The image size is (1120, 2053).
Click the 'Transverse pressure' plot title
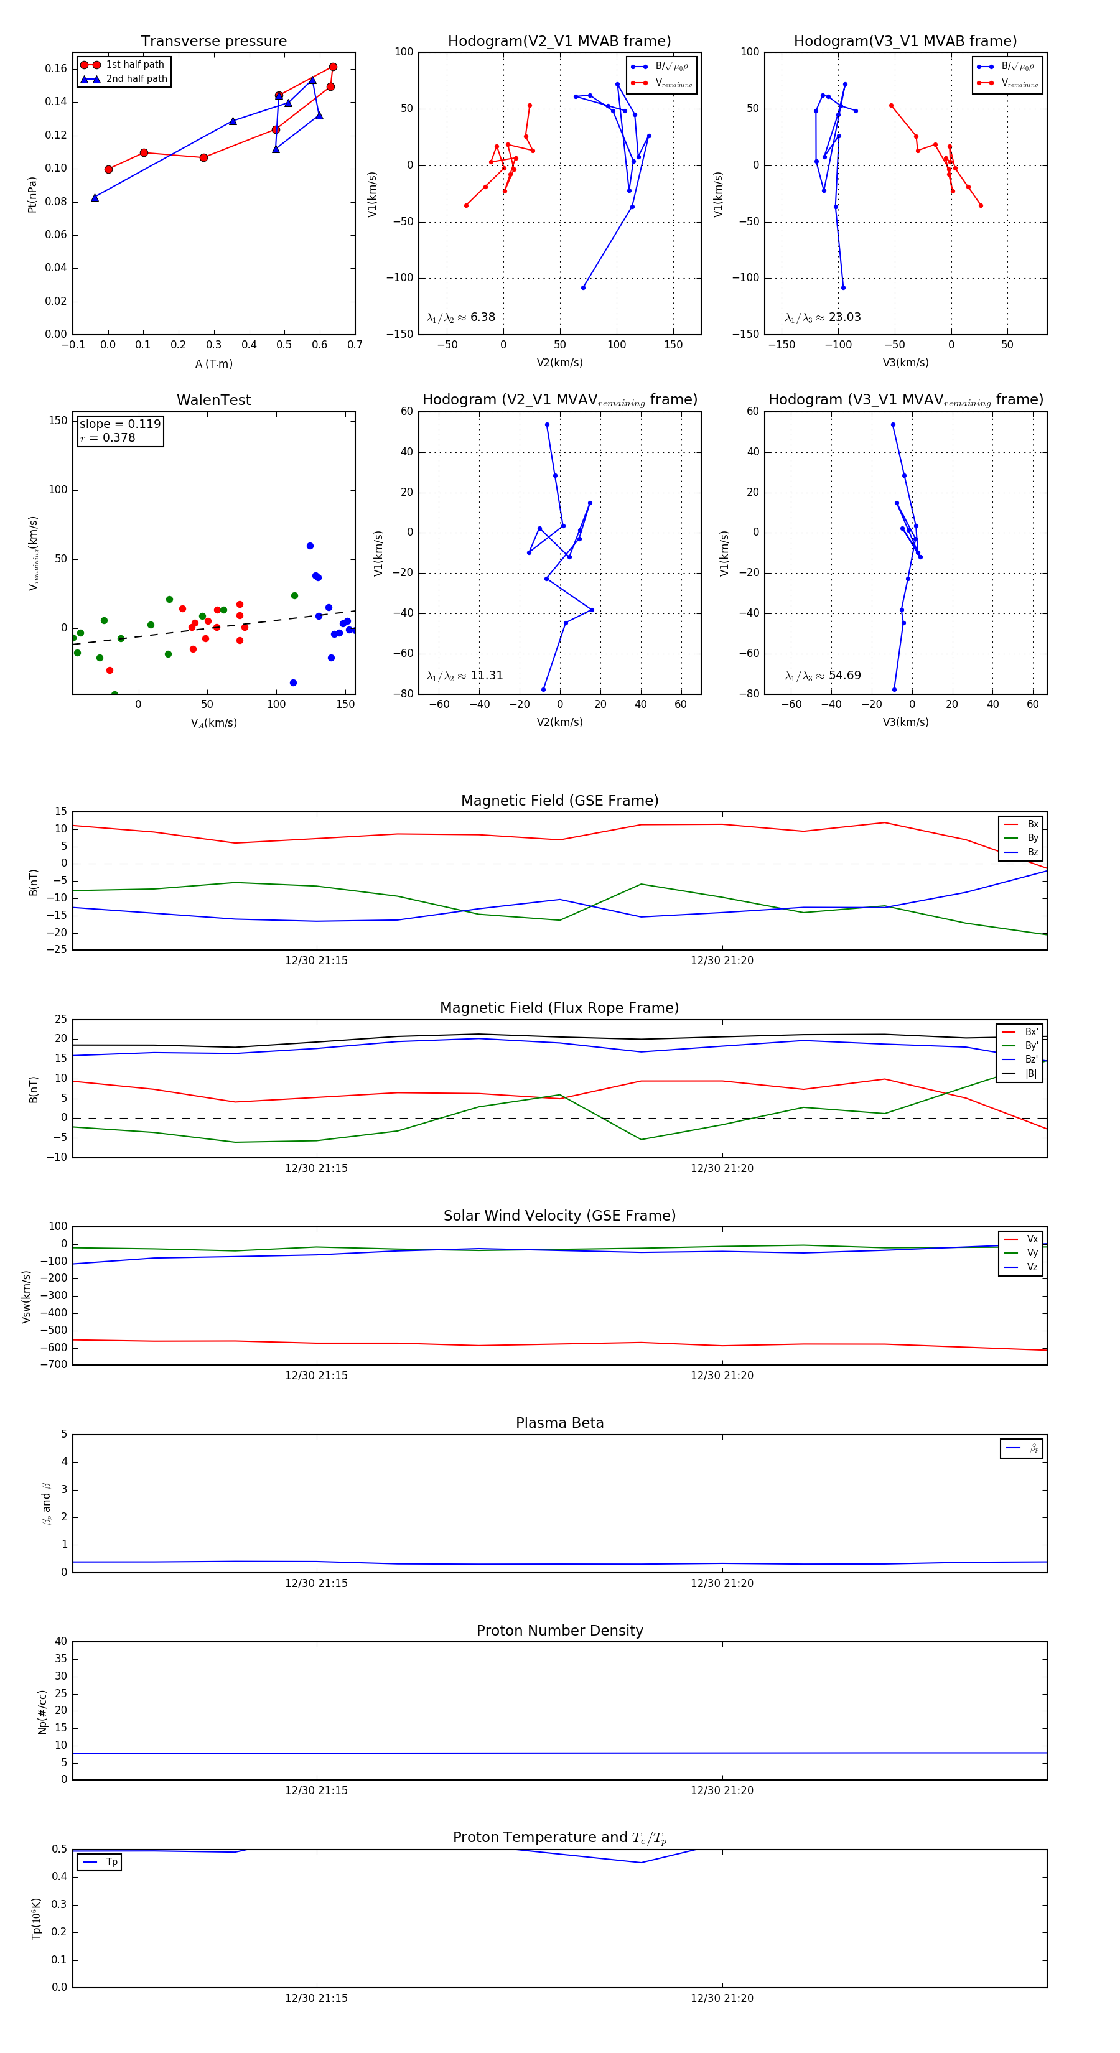(213, 42)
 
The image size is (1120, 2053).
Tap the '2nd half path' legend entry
(136, 79)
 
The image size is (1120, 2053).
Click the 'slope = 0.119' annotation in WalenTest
(119, 424)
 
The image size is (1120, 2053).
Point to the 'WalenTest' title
(213, 400)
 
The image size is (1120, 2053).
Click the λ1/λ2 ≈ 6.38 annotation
(460, 317)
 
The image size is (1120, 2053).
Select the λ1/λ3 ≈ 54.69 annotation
(823, 676)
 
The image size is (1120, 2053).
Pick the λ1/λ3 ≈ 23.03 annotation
(823, 317)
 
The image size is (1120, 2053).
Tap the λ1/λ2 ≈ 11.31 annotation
(465, 676)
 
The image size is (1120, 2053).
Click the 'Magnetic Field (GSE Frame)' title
(559, 801)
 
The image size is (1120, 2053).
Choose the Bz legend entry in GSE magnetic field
(1032, 852)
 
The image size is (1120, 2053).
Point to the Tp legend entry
(111, 1863)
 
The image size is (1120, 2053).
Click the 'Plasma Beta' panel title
(559, 1423)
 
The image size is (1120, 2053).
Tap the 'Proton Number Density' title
(559, 1631)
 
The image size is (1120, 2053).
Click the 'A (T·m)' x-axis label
(213, 364)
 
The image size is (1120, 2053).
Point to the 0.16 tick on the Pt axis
(56, 68)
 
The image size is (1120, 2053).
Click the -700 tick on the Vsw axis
(54, 1364)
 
